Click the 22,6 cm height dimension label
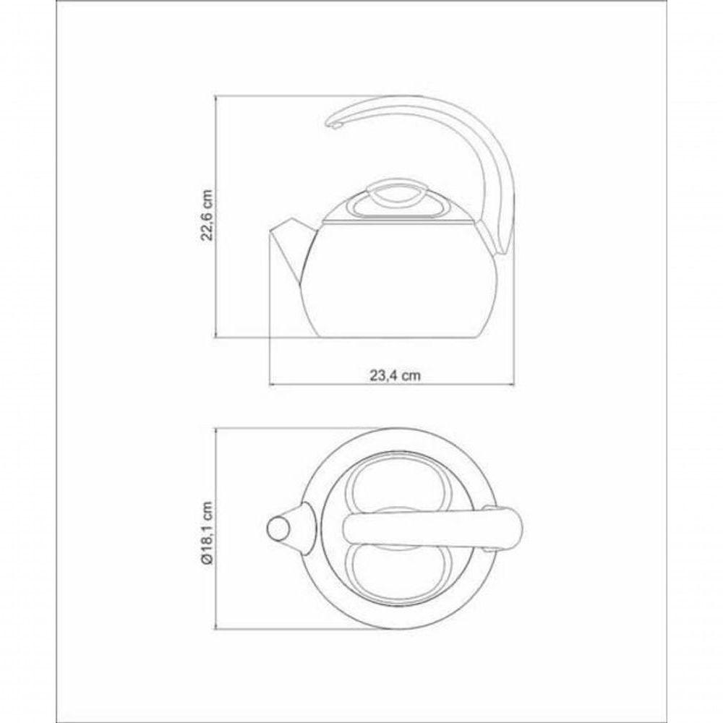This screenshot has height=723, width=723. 207,214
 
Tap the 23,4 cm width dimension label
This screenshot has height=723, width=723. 395,375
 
